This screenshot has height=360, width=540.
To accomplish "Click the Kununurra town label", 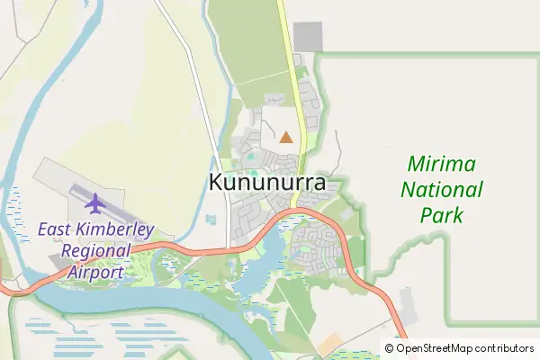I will click(x=267, y=181).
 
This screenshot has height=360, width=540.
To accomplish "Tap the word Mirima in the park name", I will click(x=443, y=165).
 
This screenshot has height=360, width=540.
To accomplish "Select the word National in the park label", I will click(x=442, y=190).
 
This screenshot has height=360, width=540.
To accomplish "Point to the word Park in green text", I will click(x=442, y=215).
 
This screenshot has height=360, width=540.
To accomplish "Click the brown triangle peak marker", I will click(x=286, y=138).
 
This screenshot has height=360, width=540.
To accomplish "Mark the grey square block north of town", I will click(x=308, y=36).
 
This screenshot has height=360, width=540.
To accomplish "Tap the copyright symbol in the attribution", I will click(x=390, y=348).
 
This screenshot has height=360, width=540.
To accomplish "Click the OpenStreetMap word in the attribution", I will click(x=435, y=348).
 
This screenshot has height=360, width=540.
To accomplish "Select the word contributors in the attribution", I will click(x=505, y=348).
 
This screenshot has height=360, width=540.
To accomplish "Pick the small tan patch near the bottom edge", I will click(x=329, y=343).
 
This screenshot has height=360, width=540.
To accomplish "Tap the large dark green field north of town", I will click(x=247, y=45).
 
